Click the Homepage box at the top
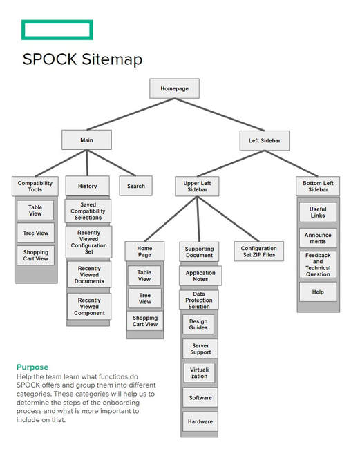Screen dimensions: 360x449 point(174,88)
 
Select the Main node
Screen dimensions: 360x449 point(86,140)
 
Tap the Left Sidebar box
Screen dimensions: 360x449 point(265,141)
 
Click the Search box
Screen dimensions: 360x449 point(135,186)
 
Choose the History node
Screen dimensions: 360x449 point(87,186)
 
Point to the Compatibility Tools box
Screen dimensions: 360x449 point(35,186)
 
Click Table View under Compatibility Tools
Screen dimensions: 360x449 point(35,210)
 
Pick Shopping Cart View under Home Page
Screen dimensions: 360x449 point(145,321)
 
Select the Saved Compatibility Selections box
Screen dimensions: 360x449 point(88,211)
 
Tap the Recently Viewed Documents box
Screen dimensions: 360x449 point(89,275)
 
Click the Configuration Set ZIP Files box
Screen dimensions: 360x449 point(259,251)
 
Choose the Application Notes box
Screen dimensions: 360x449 point(200,276)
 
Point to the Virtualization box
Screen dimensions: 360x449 point(199,373)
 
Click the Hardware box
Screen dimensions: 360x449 point(200,421)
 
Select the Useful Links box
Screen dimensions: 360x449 point(318,212)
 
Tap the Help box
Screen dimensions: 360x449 point(318,292)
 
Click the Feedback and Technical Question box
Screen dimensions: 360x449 point(318,265)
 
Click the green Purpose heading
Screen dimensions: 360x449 point(32,367)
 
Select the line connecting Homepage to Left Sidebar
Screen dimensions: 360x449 point(219,115)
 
